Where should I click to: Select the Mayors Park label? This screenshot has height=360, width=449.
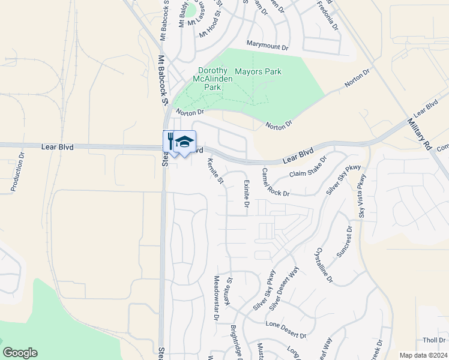tap(258, 71)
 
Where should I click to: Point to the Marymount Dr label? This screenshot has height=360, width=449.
tap(268, 44)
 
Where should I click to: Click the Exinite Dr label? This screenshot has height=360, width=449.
tap(246, 193)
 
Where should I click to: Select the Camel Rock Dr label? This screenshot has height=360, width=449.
tap(275, 182)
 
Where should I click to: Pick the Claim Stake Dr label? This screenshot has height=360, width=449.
tap(308, 168)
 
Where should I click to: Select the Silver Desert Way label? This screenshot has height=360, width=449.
tap(284, 289)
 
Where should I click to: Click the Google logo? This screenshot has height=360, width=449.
tap(20, 353)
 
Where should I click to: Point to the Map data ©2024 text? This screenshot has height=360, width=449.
tap(423, 355)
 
